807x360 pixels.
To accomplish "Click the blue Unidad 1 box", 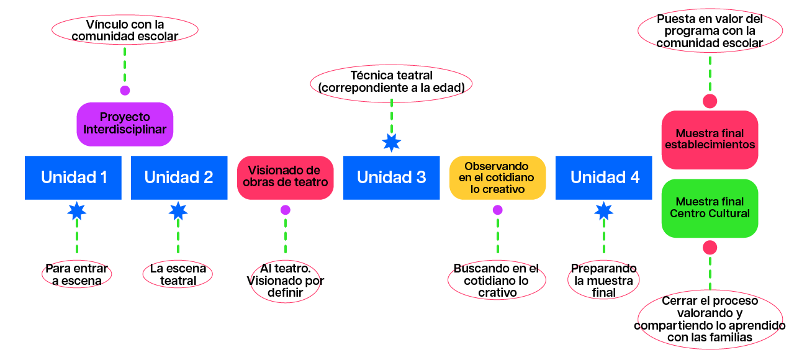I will pyautogui.click(x=73, y=178).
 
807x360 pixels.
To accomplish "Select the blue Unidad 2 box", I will pyautogui.click(x=179, y=178).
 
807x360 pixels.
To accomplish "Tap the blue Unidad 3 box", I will pyautogui.click(x=391, y=178).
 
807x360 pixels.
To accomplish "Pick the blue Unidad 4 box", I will pyautogui.click(x=604, y=178).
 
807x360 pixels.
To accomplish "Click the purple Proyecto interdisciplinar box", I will pyautogui.click(x=125, y=124).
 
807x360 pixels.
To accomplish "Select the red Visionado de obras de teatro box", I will pyautogui.click(x=285, y=178).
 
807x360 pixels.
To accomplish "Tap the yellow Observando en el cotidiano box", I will pyautogui.click(x=497, y=178).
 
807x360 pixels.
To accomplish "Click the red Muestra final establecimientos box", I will pyautogui.click(x=710, y=140).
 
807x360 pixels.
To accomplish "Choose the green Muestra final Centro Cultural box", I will pyautogui.click(x=710, y=209).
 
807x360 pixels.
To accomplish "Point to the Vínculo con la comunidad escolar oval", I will pyautogui.click(x=125, y=30).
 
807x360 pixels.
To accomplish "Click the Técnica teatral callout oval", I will pyautogui.click(x=391, y=83).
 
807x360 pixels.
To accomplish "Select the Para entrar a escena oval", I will pyautogui.click(x=77, y=275).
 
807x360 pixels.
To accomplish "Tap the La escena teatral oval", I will pyautogui.click(x=178, y=275).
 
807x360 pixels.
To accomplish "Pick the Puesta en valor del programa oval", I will pyautogui.click(x=710, y=32).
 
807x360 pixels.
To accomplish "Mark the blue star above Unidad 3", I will pyautogui.click(x=391, y=143).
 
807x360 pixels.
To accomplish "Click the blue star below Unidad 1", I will pyautogui.click(x=77, y=211).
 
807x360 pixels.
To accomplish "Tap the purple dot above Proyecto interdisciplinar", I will pyautogui.click(x=125, y=91).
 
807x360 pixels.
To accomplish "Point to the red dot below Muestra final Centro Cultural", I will pyautogui.click(x=710, y=248).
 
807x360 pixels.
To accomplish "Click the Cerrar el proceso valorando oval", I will pyautogui.click(x=710, y=320).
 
